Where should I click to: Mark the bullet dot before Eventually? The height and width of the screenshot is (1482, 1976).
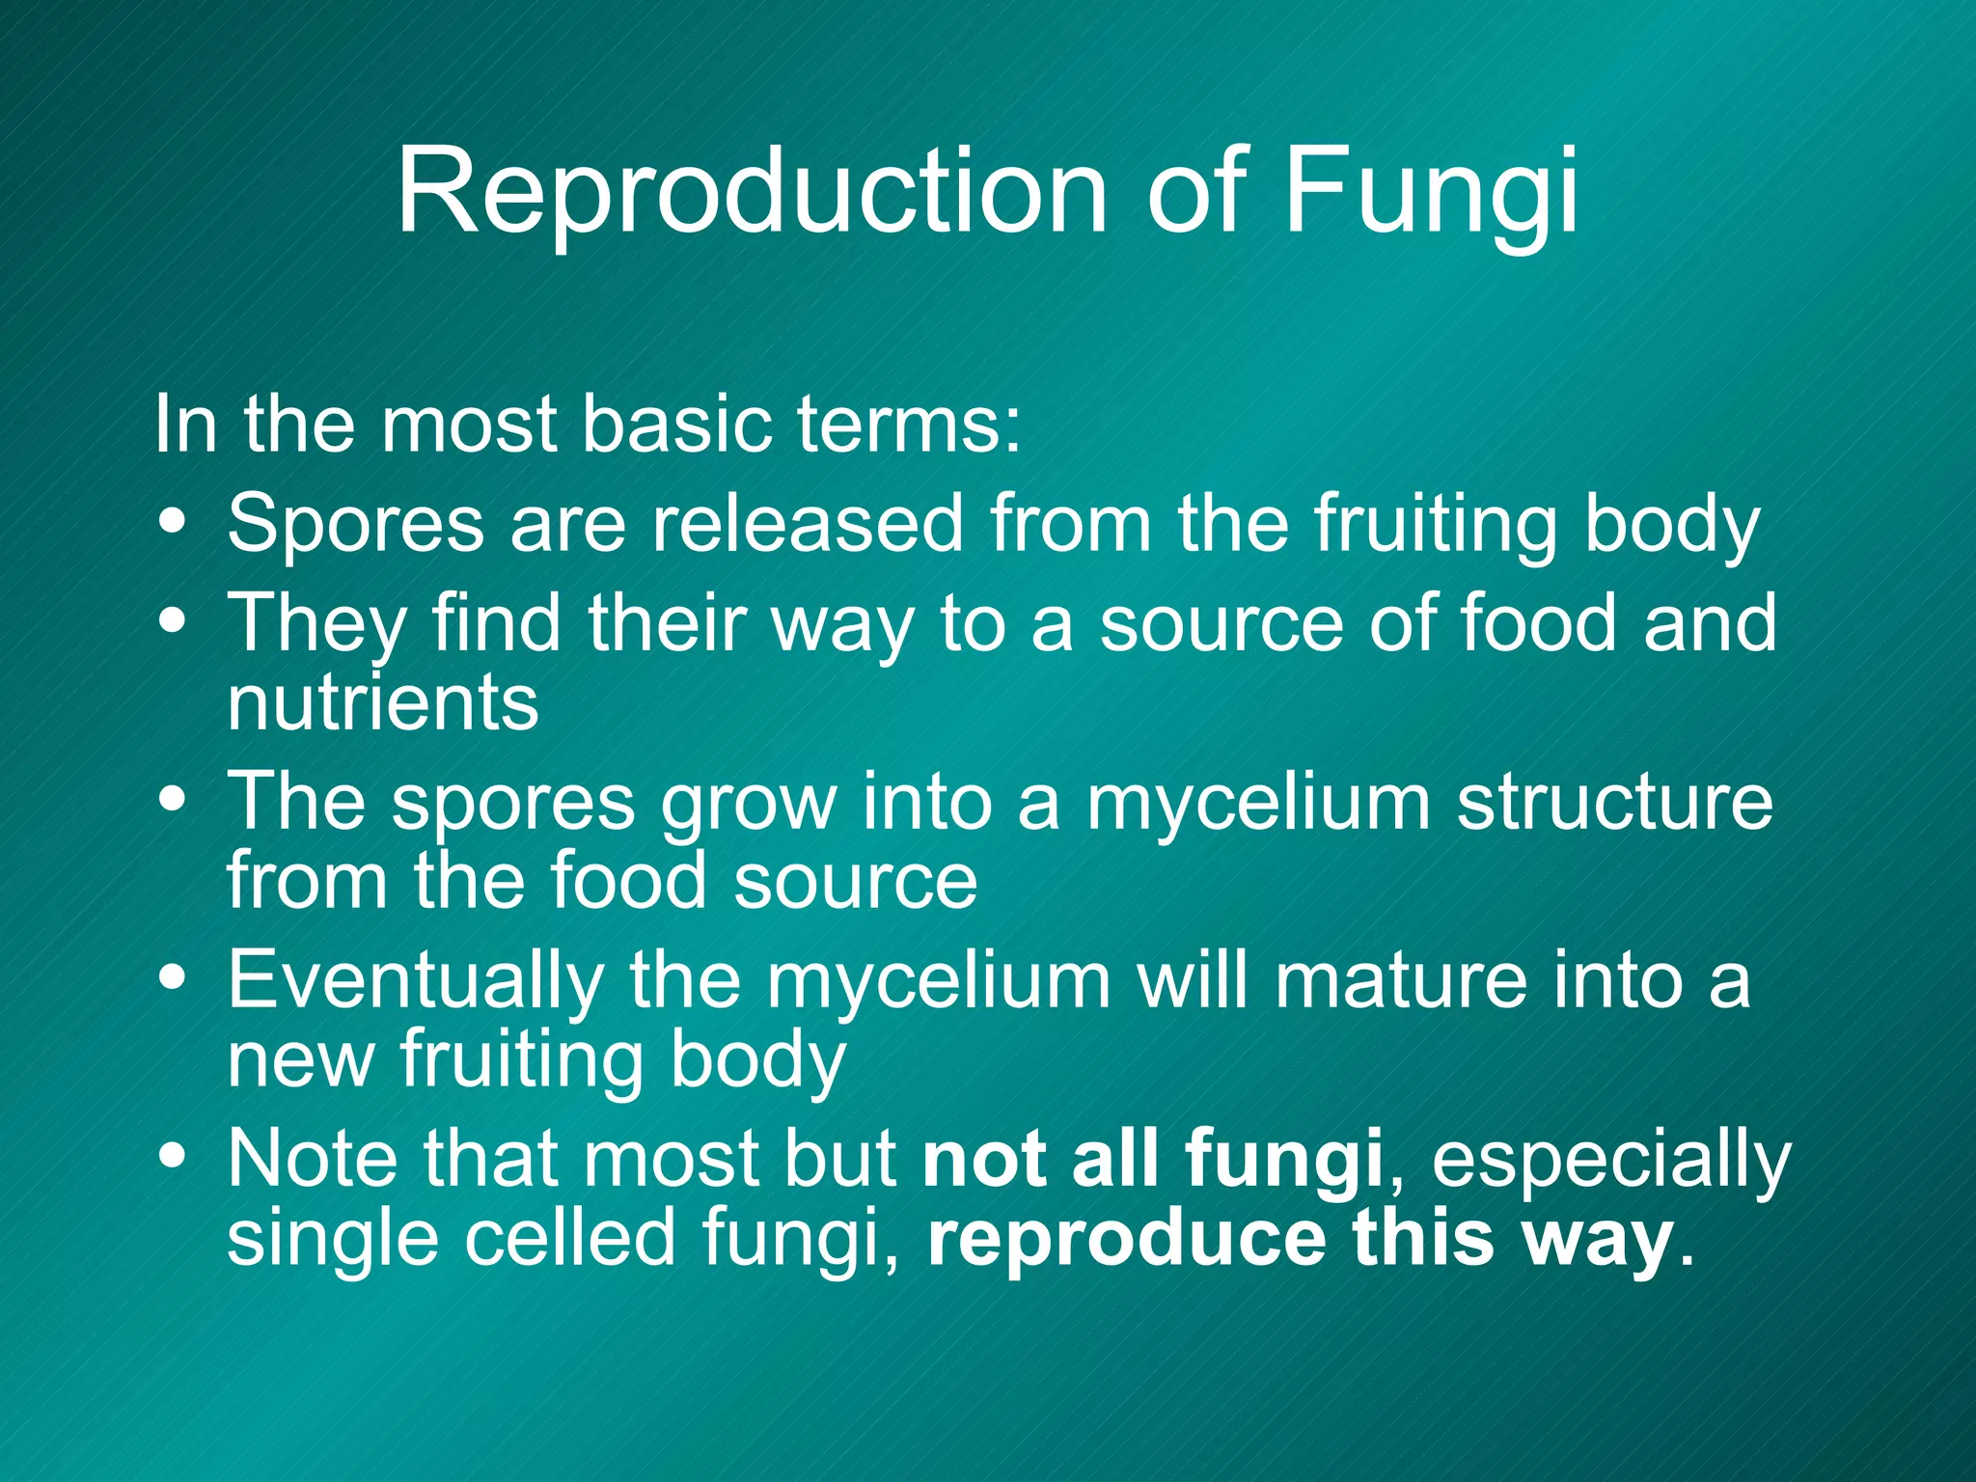point(174,976)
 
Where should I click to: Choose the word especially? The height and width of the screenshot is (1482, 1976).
point(1611,1160)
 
